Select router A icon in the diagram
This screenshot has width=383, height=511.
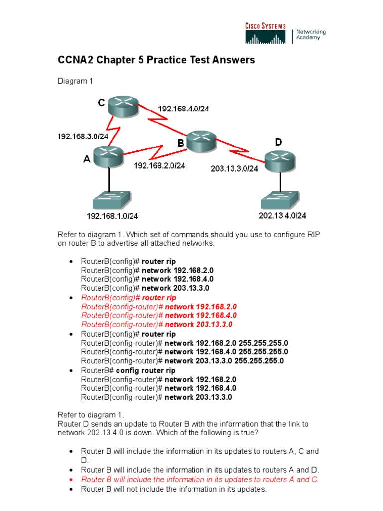[109, 155]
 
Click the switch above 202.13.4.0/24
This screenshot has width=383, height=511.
[280, 201]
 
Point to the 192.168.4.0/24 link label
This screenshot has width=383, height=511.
[183, 108]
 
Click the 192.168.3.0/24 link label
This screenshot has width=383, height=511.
[83, 136]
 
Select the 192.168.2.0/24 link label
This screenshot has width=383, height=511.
[159, 166]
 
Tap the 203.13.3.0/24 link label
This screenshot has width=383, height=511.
[234, 169]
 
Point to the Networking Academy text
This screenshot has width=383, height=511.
[311, 35]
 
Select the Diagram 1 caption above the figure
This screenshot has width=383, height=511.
[75, 81]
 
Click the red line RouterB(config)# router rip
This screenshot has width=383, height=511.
[128, 297]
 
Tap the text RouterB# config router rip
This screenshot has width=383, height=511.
[128, 370]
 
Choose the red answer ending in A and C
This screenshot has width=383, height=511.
[199, 479]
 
